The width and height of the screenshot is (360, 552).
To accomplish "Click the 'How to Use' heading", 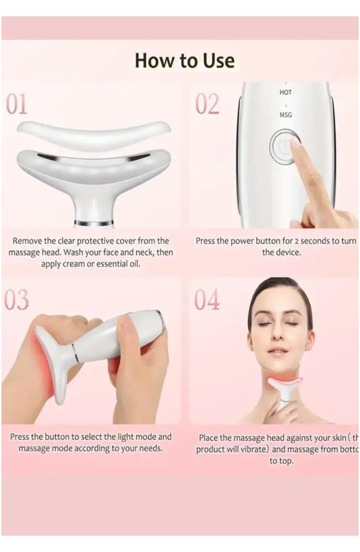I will pyautogui.click(x=185, y=61).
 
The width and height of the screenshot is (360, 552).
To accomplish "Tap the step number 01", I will pyautogui.click(x=17, y=104).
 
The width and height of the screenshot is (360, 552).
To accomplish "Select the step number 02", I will pyautogui.click(x=207, y=104).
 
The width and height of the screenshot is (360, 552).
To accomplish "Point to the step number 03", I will pyautogui.click(x=17, y=300).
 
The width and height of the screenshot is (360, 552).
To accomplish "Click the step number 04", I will pyautogui.click(x=207, y=300).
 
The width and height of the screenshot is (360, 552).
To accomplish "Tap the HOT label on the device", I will pyautogui.click(x=285, y=92).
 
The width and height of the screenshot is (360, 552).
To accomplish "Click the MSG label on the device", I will pyautogui.click(x=285, y=114).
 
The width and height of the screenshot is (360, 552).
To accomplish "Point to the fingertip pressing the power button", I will pyautogui.click(x=294, y=142).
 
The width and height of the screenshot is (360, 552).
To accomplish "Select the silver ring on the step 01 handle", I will pyautogui.click(x=94, y=223).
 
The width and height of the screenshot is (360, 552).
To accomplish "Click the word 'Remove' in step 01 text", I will pyautogui.click(x=26, y=241).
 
